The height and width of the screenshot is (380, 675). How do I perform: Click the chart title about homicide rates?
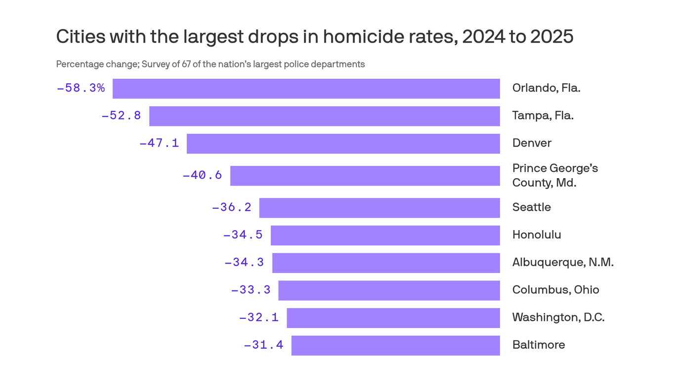pyautogui.click(x=314, y=37)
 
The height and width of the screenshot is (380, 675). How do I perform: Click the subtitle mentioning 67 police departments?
pyautogui.click(x=210, y=64)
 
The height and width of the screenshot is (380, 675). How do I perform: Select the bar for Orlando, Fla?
pyautogui.click(x=306, y=89)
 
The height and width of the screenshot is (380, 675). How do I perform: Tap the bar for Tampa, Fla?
pyautogui.click(x=324, y=116)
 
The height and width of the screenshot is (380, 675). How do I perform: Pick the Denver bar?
pyautogui.click(x=343, y=143)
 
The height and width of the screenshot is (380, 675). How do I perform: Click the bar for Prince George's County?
pyautogui.click(x=365, y=176)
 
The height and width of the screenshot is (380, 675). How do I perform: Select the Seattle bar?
pyautogui.click(x=380, y=208)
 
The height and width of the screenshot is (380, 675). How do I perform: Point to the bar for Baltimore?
pyautogui.click(x=395, y=345)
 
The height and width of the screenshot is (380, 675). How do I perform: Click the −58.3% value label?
pyautogui.click(x=81, y=88)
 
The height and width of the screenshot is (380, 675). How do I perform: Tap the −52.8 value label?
pyautogui.click(x=121, y=116)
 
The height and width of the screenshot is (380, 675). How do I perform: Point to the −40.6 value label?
pyautogui.click(x=202, y=175)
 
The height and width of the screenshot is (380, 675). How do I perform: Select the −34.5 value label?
pyautogui.click(x=243, y=235)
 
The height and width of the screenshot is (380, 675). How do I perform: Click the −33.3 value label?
pyautogui.click(x=251, y=290)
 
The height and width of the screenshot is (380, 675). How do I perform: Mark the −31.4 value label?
pyautogui.click(x=263, y=345)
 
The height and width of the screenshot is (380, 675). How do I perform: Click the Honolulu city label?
pyautogui.click(x=537, y=235)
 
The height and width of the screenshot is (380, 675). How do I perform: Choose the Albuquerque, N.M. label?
pyautogui.click(x=563, y=262)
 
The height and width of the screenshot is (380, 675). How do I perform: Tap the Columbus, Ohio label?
pyautogui.click(x=555, y=290)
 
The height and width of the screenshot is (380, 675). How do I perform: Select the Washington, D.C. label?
pyautogui.click(x=558, y=317)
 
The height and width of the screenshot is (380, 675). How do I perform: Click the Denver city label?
pyautogui.click(x=532, y=143)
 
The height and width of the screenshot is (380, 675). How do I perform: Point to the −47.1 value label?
pyautogui.click(x=159, y=143)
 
